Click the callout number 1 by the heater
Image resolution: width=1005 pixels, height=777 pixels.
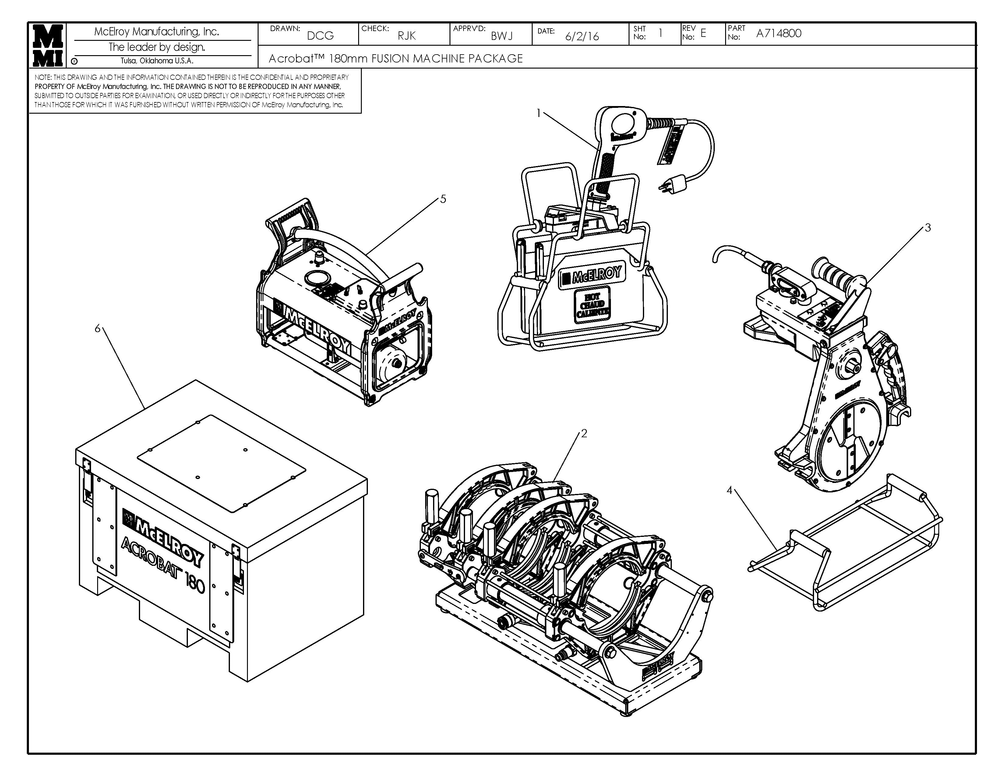pos(539,113)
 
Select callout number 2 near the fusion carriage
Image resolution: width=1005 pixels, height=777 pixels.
pos(584,433)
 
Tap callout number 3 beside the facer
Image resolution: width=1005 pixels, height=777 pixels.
pos(928,227)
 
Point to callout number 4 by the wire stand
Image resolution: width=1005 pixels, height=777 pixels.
pos(729,491)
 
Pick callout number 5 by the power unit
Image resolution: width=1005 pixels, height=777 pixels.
pos(443,199)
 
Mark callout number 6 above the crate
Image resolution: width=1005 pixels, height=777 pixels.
pos(97,328)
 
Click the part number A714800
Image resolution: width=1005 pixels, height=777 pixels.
pos(779,33)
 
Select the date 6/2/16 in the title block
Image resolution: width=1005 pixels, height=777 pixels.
pos(582,36)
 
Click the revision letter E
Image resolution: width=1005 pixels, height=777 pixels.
pos(703,33)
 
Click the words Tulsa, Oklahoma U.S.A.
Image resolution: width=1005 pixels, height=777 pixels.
pos(157,61)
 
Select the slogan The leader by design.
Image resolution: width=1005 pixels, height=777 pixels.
pos(157,47)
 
